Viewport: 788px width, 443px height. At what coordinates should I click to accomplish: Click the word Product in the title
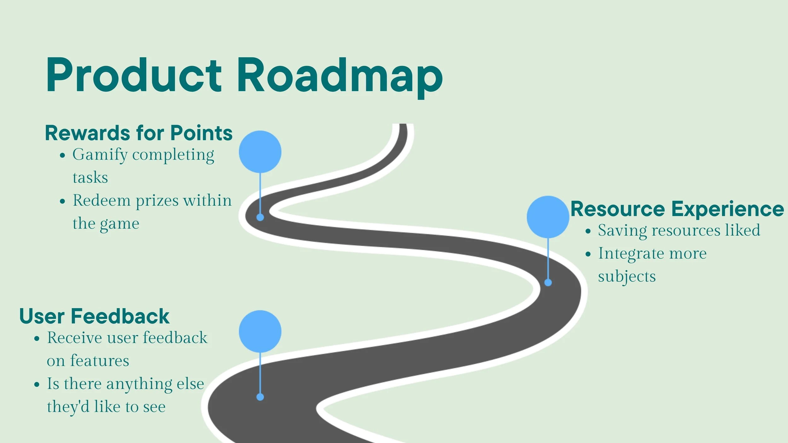point(134,76)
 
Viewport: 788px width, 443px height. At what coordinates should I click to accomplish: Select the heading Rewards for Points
point(139,133)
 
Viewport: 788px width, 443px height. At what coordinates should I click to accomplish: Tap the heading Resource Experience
point(677,209)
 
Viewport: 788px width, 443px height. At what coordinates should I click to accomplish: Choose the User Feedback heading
point(94,316)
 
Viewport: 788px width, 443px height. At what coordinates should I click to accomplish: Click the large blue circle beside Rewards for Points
point(260,152)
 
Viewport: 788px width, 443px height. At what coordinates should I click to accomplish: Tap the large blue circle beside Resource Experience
point(548,217)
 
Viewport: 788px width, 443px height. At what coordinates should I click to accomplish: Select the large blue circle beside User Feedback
point(260,331)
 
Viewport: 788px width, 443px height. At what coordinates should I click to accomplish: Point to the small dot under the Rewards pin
point(260,217)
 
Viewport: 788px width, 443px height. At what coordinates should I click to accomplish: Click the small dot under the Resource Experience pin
point(548,283)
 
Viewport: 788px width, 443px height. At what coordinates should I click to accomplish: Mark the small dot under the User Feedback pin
point(260,397)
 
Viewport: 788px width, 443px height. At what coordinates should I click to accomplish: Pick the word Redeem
point(101,200)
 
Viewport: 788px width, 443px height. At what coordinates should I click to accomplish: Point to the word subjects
point(627,277)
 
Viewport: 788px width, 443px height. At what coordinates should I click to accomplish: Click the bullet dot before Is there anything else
point(37,385)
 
